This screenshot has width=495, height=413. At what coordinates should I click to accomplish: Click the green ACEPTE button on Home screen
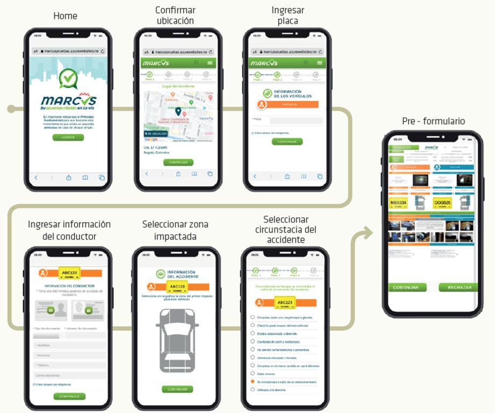pyautogui.click(x=68, y=137)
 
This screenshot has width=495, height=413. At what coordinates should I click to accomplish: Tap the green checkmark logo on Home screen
pyautogui.click(x=68, y=79)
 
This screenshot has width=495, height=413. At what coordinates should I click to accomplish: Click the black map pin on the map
pyautogui.click(x=178, y=112)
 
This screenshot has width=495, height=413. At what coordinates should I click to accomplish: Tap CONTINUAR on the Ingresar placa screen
pyautogui.click(x=287, y=142)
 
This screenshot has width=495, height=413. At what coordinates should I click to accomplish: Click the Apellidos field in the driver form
pyautogui.click(x=69, y=346)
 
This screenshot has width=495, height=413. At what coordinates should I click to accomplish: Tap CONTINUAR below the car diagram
pyautogui.click(x=177, y=389)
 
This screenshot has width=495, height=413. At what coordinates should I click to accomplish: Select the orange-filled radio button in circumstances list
pyautogui.click(x=252, y=381)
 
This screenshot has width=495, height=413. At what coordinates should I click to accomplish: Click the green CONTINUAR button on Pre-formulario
pyautogui.click(x=406, y=287)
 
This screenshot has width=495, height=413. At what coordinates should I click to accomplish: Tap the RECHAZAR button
pyautogui.click(x=458, y=287)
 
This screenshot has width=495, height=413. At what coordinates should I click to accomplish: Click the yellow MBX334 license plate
pyautogui.click(x=399, y=203)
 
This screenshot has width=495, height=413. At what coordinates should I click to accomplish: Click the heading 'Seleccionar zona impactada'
pyautogui.click(x=175, y=230)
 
